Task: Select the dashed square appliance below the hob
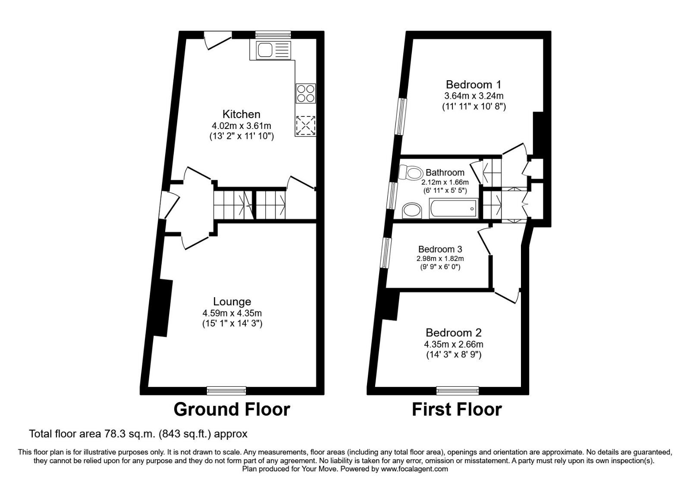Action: point(306,125)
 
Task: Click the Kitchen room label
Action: point(241,114)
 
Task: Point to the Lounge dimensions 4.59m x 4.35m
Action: point(232,313)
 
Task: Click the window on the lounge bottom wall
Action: point(226,391)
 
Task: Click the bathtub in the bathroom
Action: point(454,209)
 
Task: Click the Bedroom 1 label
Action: point(474,85)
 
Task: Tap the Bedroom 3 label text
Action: point(440,249)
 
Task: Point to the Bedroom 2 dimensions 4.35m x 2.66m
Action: point(453,345)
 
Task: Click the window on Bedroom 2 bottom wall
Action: point(458,391)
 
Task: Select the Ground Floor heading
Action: point(232,409)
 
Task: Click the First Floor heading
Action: point(457,409)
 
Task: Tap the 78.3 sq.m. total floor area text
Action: point(138,433)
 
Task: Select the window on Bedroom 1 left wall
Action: point(402,117)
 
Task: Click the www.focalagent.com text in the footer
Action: point(414,469)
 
